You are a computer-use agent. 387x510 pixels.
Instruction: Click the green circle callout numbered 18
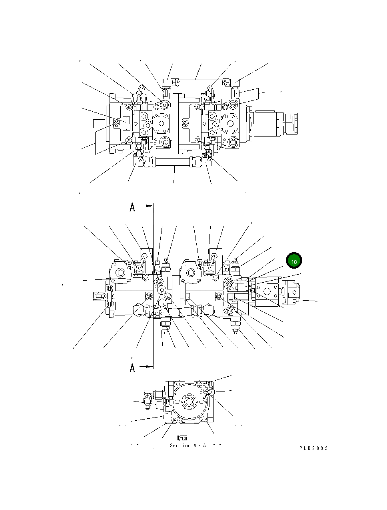pos(294,261)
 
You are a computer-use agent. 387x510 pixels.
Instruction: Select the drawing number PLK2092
pos(313,448)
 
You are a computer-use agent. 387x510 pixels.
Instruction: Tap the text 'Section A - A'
pos(188,446)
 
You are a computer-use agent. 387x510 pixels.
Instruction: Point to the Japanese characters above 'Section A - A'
pos(182,438)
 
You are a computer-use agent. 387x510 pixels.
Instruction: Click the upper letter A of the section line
pos(132,207)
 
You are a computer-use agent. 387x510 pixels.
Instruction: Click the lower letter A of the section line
pos(132,368)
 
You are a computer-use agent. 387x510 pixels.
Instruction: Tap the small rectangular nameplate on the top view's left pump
pos(126,123)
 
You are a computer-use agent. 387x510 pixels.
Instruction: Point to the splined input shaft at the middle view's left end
pos(100,296)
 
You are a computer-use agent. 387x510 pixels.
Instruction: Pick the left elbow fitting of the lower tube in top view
pos(140,162)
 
